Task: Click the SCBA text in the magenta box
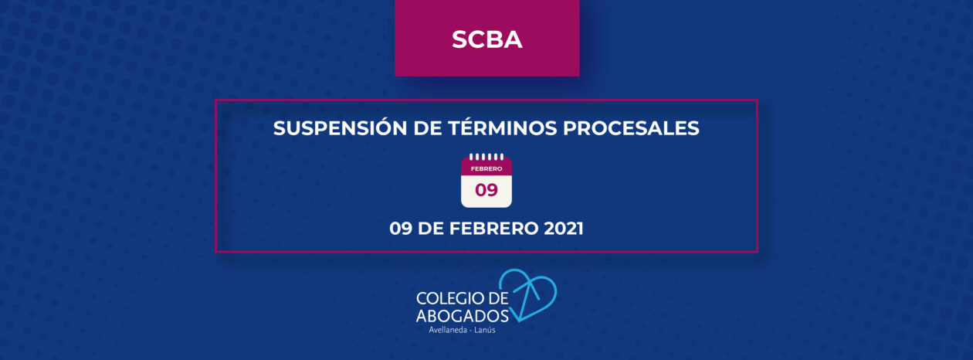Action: (486, 39)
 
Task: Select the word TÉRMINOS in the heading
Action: (502, 127)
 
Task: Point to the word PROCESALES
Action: (631, 127)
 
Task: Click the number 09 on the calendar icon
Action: (486, 190)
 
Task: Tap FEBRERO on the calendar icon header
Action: (486, 168)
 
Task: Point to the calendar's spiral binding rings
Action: (486, 157)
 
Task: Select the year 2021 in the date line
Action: (564, 228)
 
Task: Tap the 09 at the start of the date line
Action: (401, 228)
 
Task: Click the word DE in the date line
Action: (430, 228)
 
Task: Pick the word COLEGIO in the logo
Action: (450, 298)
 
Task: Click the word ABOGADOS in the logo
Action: (462, 316)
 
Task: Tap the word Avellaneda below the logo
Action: (448, 330)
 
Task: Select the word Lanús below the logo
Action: (485, 330)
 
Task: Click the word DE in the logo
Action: (498, 298)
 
